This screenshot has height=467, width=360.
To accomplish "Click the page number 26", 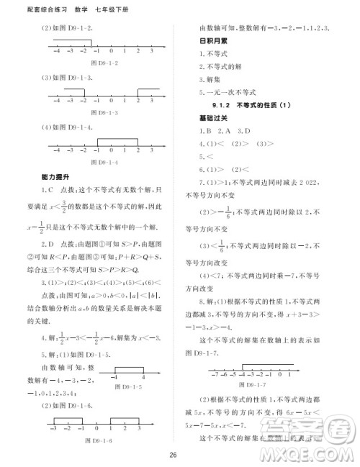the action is [x=173, y=454].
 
